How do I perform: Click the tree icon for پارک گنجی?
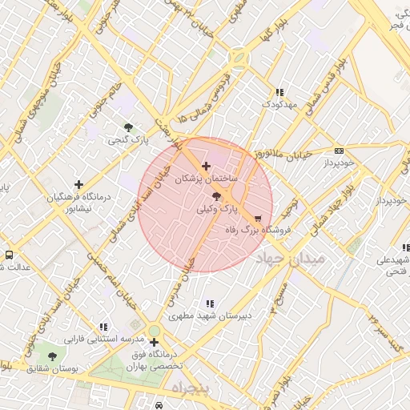click(129, 127)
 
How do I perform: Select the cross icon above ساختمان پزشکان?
click(207, 166)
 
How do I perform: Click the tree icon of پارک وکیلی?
click(218, 195)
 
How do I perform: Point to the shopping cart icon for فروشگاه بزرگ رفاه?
click(257, 218)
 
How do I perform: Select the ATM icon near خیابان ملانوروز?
click(339, 151)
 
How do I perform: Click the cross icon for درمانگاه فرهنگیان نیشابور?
click(78, 184)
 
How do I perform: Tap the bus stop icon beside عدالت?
click(8, 255)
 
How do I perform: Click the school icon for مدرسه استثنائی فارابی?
click(103, 327)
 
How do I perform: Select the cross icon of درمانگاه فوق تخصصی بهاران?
click(154, 342)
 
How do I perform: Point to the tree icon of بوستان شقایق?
click(53, 356)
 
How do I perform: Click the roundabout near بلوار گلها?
click(238, 58)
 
